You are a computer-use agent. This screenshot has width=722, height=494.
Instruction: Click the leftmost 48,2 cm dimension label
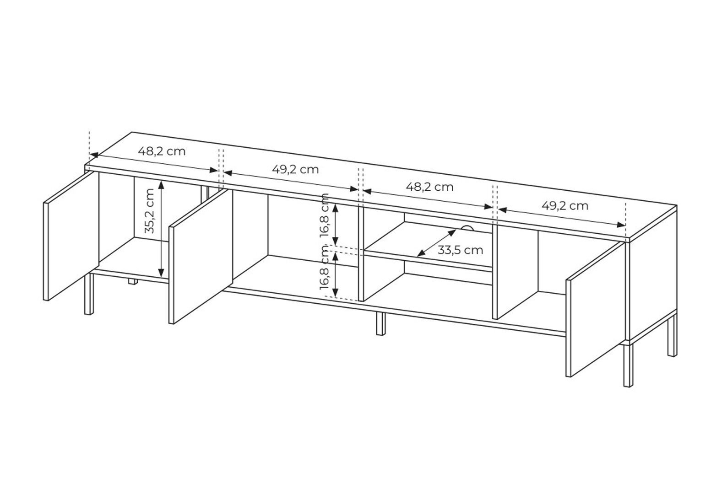click(x=162, y=151)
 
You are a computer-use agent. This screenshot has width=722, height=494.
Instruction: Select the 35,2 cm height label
click(x=150, y=210)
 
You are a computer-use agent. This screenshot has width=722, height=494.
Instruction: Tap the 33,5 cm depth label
click(x=460, y=250)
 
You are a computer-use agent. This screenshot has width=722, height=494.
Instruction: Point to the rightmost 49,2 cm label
click(x=565, y=205)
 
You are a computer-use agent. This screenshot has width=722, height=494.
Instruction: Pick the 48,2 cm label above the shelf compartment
click(x=429, y=187)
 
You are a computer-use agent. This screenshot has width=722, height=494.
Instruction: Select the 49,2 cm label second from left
click(x=295, y=169)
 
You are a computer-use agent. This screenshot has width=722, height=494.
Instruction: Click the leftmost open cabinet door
click(x=71, y=236)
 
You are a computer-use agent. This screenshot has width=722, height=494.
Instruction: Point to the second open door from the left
click(x=201, y=256)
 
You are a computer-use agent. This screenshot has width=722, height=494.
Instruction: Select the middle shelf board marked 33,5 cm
click(x=428, y=244)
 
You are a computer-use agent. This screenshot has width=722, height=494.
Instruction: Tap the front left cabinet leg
click(x=89, y=294)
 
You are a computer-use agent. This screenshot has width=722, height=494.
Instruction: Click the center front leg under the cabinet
click(x=380, y=323)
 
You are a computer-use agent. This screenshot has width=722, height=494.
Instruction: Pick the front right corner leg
click(x=628, y=366)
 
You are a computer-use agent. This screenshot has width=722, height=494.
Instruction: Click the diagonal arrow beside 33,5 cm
click(x=437, y=243)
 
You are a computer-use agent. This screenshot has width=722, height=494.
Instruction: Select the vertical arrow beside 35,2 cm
click(x=162, y=228)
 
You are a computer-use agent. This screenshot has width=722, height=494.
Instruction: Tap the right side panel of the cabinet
click(x=653, y=273)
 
